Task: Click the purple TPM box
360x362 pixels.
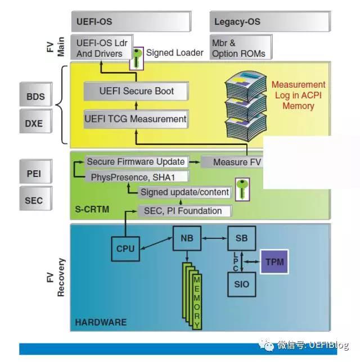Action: pos(274,262)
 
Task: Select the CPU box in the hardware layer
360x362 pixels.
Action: pos(125,249)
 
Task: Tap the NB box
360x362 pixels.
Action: pos(187,238)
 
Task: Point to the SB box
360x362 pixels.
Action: pos(242,238)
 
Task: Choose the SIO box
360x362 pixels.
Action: pos(242,284)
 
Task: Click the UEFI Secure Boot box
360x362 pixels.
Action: pos(136,91)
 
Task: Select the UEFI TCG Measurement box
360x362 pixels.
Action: pos(136,119)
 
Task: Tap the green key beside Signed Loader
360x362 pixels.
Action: pos(137,58)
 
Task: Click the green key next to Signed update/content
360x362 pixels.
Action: pos(242,189)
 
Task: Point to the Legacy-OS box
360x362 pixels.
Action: pos(271,21)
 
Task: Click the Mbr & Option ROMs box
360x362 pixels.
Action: pos(241,47)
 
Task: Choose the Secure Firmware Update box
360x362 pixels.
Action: pos(136,162)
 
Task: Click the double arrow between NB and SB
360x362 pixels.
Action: pos(214,238)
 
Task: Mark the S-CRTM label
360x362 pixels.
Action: pos(92,210)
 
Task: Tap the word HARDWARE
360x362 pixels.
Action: pos(101,322)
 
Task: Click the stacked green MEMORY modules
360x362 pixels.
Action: pos(192,296)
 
